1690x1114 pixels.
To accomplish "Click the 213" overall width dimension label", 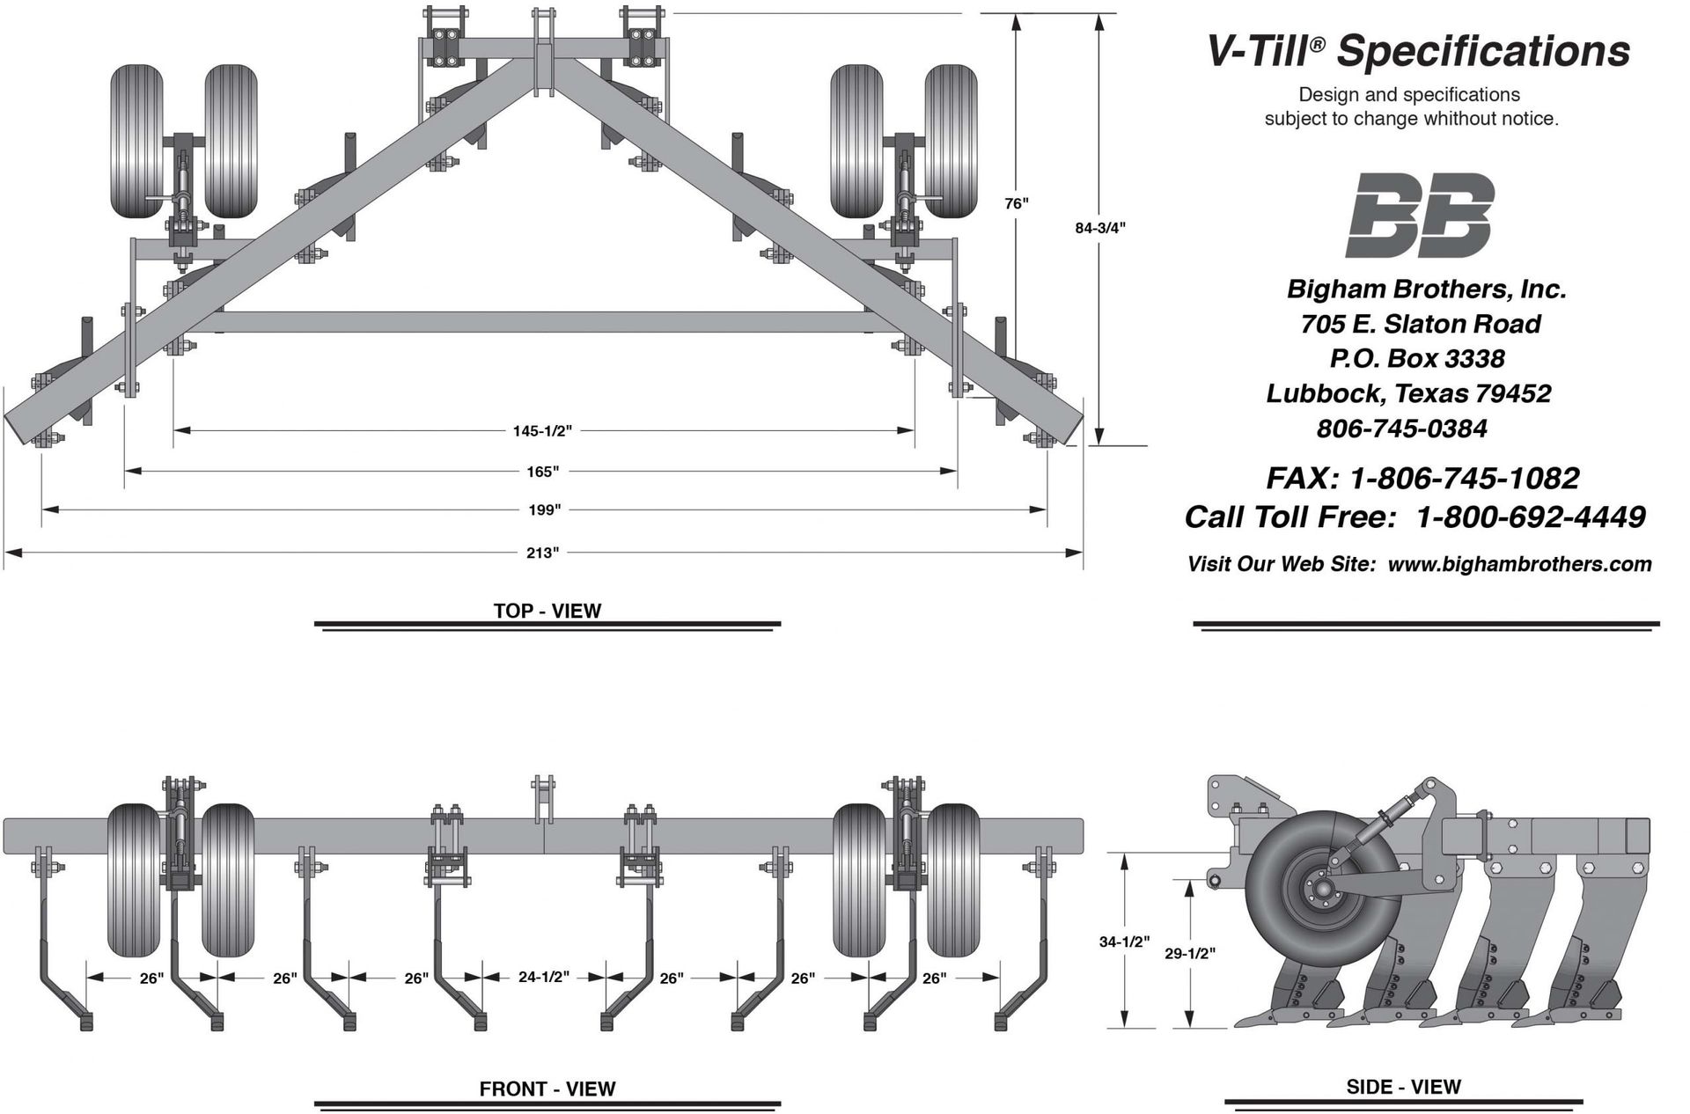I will click(x=543, y=553).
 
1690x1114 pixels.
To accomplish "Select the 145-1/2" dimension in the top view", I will click(x=542, y=431).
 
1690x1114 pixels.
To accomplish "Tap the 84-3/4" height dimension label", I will click(x=1100, y=228).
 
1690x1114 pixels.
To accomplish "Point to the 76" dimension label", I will click(x=1017, y=203).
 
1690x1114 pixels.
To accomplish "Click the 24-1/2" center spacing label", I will click(x=544, y=977).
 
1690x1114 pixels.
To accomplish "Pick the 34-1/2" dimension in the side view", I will click(x=1124, y=942).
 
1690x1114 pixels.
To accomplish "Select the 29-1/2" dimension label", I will click(x=1190, y=953).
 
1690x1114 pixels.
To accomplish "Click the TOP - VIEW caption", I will click(x=547, y=611).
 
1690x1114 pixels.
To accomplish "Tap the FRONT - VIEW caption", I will click(x=547, y=1089).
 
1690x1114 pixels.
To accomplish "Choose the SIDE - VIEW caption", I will click(x=1403, y=1087).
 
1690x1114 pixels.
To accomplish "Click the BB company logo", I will click(x=1420, y=215).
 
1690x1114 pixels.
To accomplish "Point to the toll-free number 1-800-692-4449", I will click(x=1530, y=517).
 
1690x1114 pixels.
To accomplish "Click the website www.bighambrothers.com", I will click(x=1519, y=564).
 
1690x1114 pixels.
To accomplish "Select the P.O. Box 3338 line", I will click(x=1417, y=358).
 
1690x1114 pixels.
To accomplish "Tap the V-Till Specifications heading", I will click(x=1417, y=51).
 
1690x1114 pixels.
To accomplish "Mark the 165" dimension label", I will click(x=543, y=472).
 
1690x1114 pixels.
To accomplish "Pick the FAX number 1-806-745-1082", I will click(x=1464, y=478).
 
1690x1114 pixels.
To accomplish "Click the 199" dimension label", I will click(x=545, y=509).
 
